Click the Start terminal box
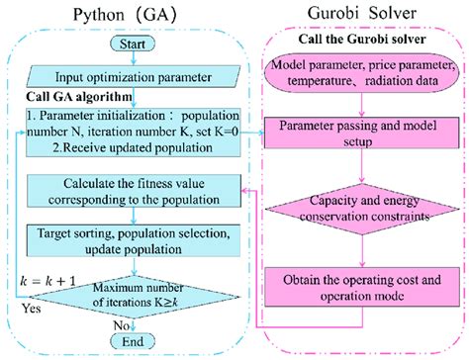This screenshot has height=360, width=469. pyautogui.click(x=133, y=45)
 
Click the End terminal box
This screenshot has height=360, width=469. pyautogui.click(x=133, y=340)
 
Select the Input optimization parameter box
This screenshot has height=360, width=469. pyautogui.click(x=133, y=75)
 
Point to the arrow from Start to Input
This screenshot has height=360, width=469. pyautogui.click(x=133, y=57)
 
